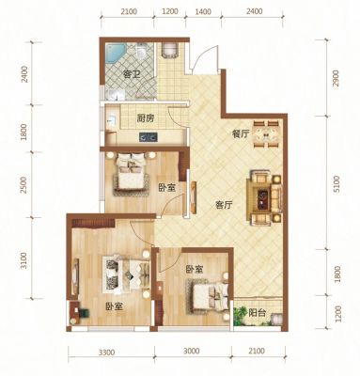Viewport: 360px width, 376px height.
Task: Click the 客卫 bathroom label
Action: click(x=132, y=75)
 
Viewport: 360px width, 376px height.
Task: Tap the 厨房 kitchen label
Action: click(x=146, y=118)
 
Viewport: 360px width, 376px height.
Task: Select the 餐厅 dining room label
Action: click(x=241, y=134)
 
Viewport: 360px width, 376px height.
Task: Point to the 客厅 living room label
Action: click(x=224, y=205)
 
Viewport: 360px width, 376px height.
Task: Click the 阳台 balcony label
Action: click(x=258, y=313)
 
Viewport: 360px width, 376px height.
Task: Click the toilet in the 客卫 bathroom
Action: click(x=141, y=52)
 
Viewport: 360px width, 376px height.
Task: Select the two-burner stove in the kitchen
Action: click(x=149, y=137)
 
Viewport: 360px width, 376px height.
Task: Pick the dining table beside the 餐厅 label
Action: click(x=266, y=134)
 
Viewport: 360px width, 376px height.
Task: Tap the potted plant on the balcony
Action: click(x=241, y=315)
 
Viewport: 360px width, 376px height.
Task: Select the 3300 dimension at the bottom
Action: click(x=106, y=352)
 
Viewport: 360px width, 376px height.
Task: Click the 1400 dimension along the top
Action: click(x=203, y=12)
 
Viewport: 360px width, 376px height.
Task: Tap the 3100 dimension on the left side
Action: click(x=23, y=260)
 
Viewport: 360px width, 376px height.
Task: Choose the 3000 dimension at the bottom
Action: click(x=192, y=351)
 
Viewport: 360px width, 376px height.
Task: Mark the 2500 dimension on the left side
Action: click(x=23, y=185)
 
